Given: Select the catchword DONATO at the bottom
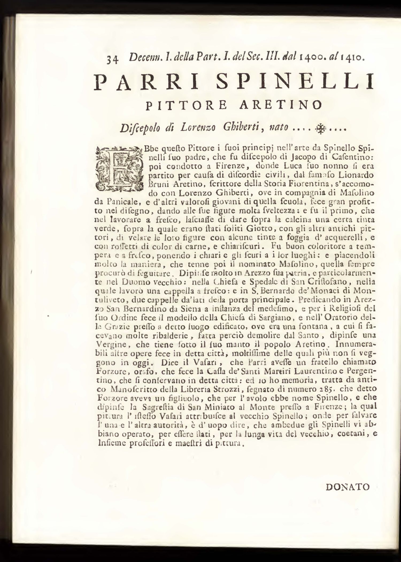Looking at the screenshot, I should (x=348, y=487).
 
